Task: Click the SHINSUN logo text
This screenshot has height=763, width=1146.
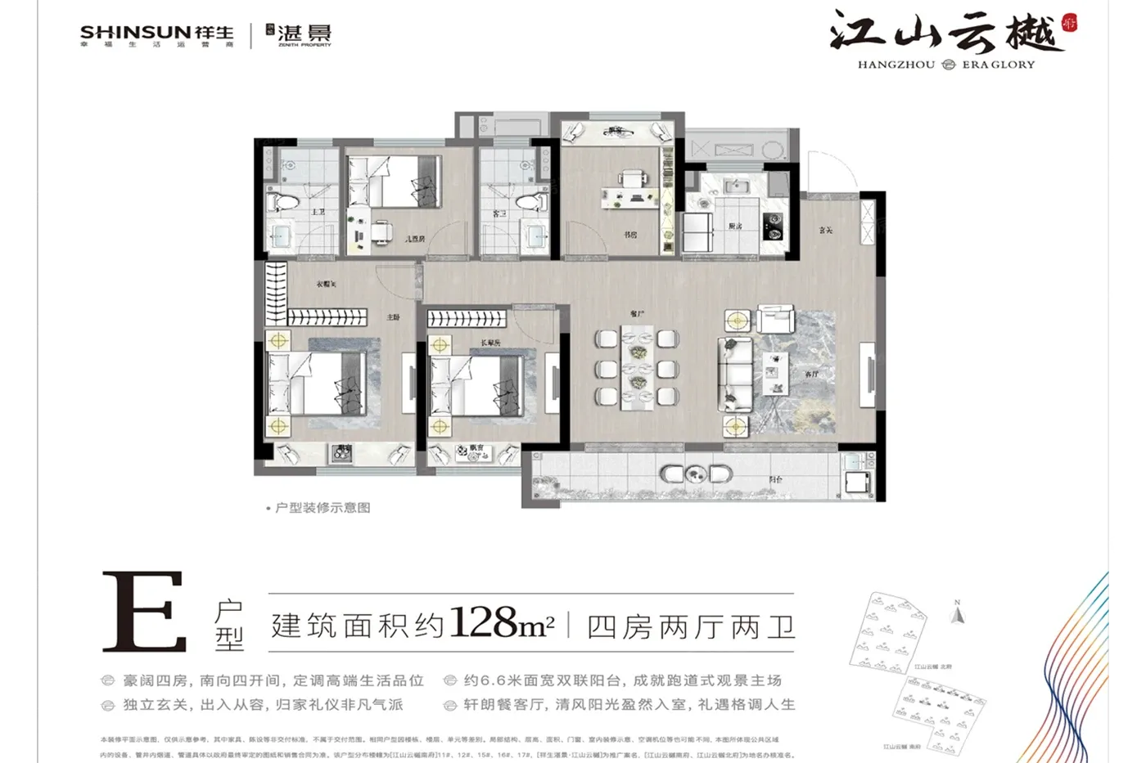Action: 135,33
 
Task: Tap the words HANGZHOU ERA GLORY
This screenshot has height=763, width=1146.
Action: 945,65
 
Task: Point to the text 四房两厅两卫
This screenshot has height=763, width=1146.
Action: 691,627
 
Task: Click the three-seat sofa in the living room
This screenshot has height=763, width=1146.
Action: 734,375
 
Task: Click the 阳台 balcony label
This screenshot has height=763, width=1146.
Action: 774,479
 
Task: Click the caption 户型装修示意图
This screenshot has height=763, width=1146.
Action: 323,508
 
